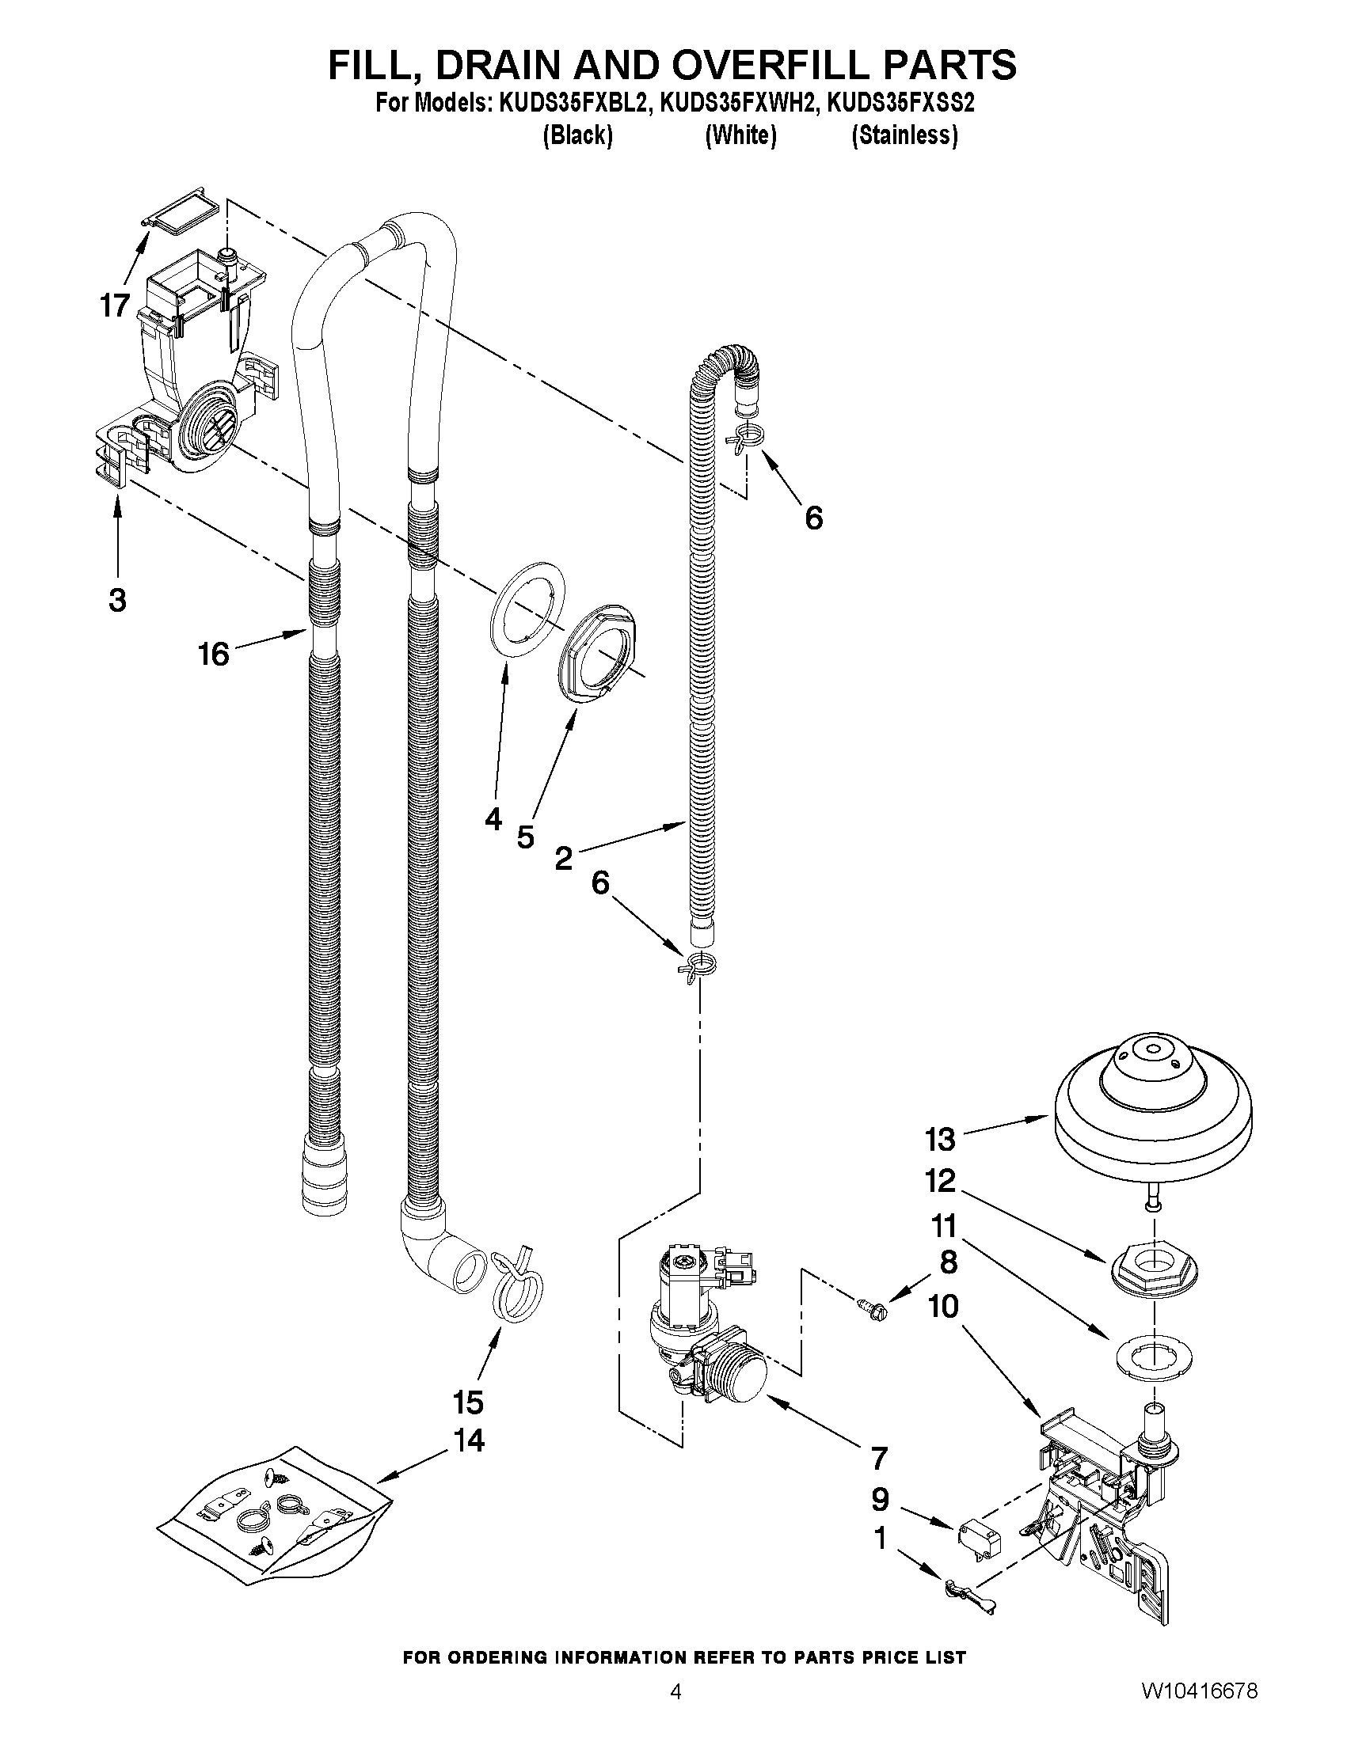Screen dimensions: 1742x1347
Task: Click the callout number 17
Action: point(115,305)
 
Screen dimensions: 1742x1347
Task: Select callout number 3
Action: point(117,600)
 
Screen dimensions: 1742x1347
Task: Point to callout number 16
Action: point(213,654)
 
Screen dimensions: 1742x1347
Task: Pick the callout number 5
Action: point(525,837)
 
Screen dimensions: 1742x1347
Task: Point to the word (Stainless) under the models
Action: point(904,136)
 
